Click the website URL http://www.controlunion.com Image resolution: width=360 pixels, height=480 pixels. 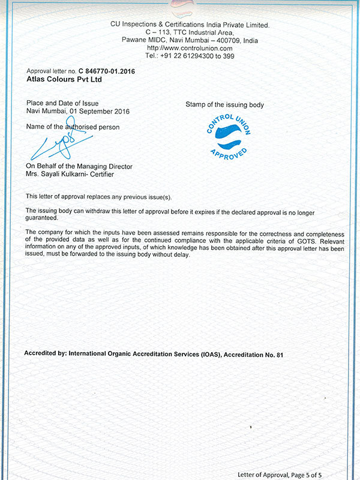[x=189, y=47]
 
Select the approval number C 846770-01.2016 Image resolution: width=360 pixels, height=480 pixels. [x=106, y=70]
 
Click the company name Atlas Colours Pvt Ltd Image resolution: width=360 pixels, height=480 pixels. [x=64, y=78]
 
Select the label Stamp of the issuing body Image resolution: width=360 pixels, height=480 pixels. [x=224, y=105]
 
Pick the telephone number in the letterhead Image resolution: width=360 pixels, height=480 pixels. [x=197, y=55]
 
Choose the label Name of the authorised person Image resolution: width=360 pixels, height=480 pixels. [x=73, y=127]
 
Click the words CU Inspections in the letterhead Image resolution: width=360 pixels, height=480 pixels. [x=133, y=25]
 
